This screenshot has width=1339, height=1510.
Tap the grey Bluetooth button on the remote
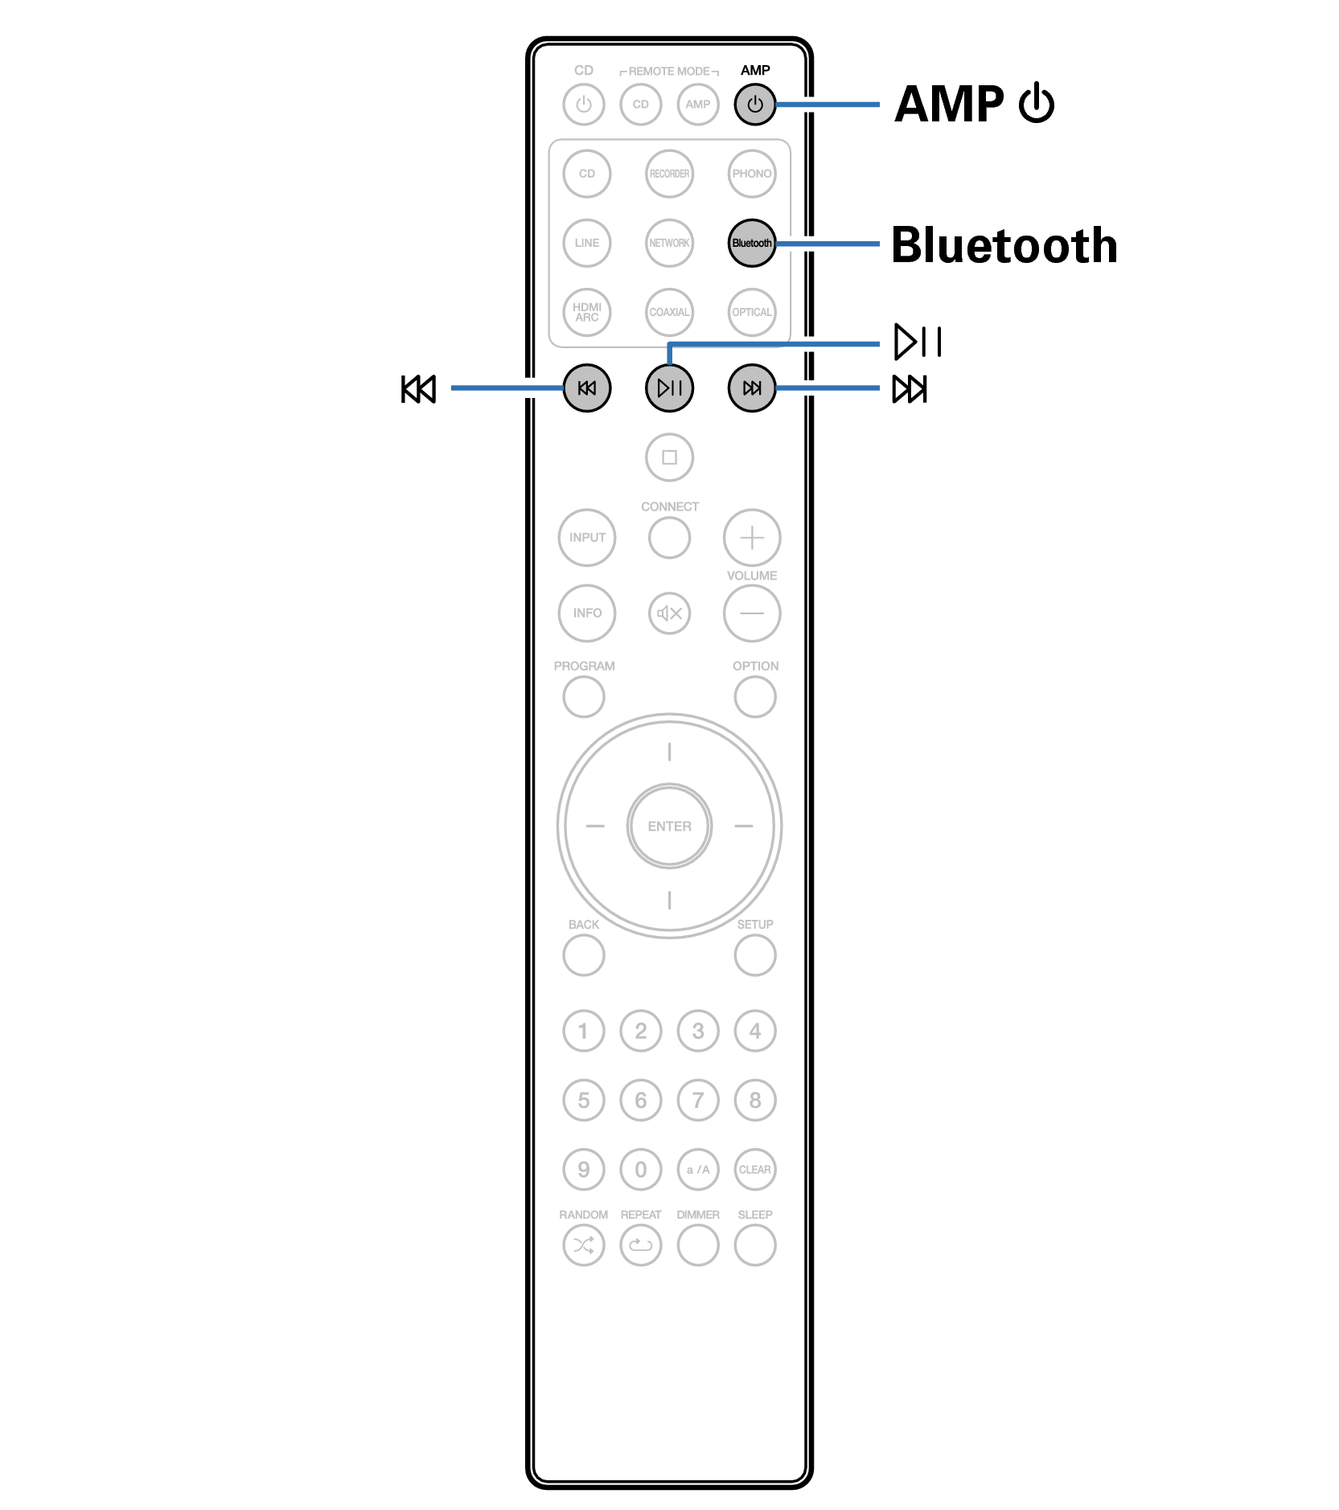751,243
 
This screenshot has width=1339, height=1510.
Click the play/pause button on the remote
669,388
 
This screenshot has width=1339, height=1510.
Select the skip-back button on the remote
587,388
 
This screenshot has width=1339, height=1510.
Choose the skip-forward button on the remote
751,388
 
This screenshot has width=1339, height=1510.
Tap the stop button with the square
669,458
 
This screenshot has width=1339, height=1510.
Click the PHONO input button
751,174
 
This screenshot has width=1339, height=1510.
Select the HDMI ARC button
587,312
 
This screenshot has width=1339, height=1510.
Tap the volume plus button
751,537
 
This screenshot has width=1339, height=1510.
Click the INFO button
587,613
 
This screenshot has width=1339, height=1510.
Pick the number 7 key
697,1100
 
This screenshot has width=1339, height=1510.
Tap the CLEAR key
754,1169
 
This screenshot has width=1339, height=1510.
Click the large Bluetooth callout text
1004,245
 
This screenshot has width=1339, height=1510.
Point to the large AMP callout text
950,105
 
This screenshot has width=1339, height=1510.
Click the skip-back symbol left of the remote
418,389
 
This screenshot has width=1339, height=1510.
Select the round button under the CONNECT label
669,537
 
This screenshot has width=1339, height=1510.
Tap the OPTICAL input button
751,312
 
